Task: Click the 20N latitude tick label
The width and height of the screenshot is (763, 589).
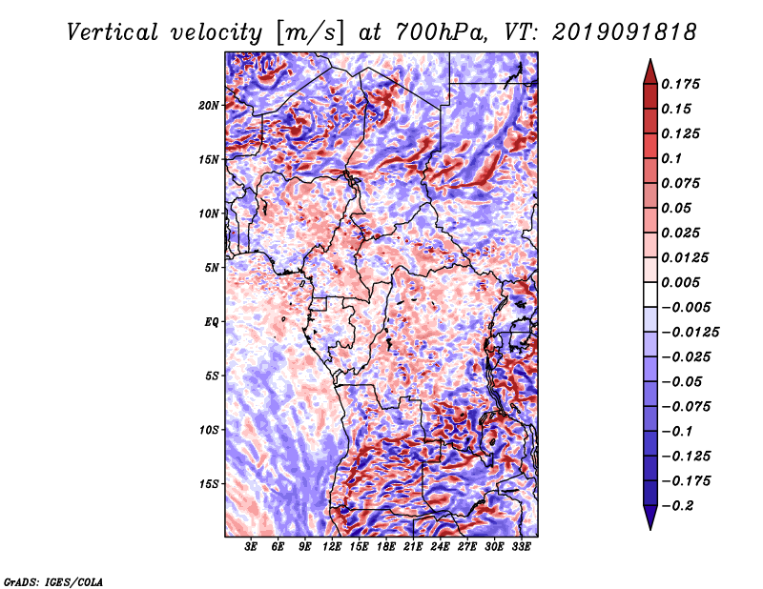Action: (209, 106)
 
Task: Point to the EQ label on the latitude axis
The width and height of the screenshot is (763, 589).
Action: (211, 322)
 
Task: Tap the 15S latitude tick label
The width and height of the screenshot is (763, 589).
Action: (209, 484)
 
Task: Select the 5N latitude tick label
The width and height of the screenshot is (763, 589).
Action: (212, 268)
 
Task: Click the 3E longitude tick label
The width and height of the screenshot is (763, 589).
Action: (251, 547)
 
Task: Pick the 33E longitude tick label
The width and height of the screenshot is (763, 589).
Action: (521, 547)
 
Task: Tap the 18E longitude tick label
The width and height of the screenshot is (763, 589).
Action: (386, 547)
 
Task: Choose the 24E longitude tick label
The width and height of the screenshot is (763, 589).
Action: (440, 547)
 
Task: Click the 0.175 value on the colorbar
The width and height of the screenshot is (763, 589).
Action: (680, 84)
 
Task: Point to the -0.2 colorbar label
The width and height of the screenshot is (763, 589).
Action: (677, 506)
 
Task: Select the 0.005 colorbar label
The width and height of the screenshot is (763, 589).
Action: (680, 282)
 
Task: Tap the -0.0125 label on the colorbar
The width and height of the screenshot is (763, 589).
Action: (690, 333)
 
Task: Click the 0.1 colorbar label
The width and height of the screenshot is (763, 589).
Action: (671, 158)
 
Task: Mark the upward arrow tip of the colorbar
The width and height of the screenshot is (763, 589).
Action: (650, 59)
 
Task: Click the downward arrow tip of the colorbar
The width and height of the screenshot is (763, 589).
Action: (650, 529)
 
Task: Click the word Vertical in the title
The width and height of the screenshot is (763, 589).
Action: (113, 32)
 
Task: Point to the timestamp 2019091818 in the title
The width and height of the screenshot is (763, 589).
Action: (625, 32)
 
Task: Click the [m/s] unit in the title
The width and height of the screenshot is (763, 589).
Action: (310, 32)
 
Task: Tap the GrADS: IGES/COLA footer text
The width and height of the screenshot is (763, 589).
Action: (53, 582)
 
